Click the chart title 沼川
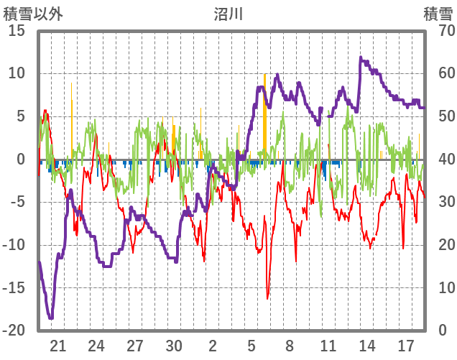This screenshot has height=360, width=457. pyautogui.click(x=228, y=13)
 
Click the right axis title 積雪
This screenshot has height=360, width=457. pyautogui.click(x=436, y=13)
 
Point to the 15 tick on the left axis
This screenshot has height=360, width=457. pyautogui.click(x=17, y=31)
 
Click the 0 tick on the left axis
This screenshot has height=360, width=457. pyautogui.click(x=22, y=160)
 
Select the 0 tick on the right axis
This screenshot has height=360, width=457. pyautogui.click(x=440, y=331)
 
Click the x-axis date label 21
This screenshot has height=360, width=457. pyautogui.click(x=58, y=346)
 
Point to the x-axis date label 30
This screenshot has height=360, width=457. pyautogui.click(x=174, y=346)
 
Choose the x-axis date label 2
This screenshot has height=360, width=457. pyautogui.click(x=213, y=346)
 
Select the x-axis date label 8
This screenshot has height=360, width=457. pyautogui.click(x=290, y=346)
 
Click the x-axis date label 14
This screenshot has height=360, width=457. pyautogui.click(x=367, y=346)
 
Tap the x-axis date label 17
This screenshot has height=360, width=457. pyautogui.click(x=406, y=346)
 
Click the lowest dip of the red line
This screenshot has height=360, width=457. pyautogui.click(x=267, y=298)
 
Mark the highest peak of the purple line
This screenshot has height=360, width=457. pyautogui.click(x=361, y=57)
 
